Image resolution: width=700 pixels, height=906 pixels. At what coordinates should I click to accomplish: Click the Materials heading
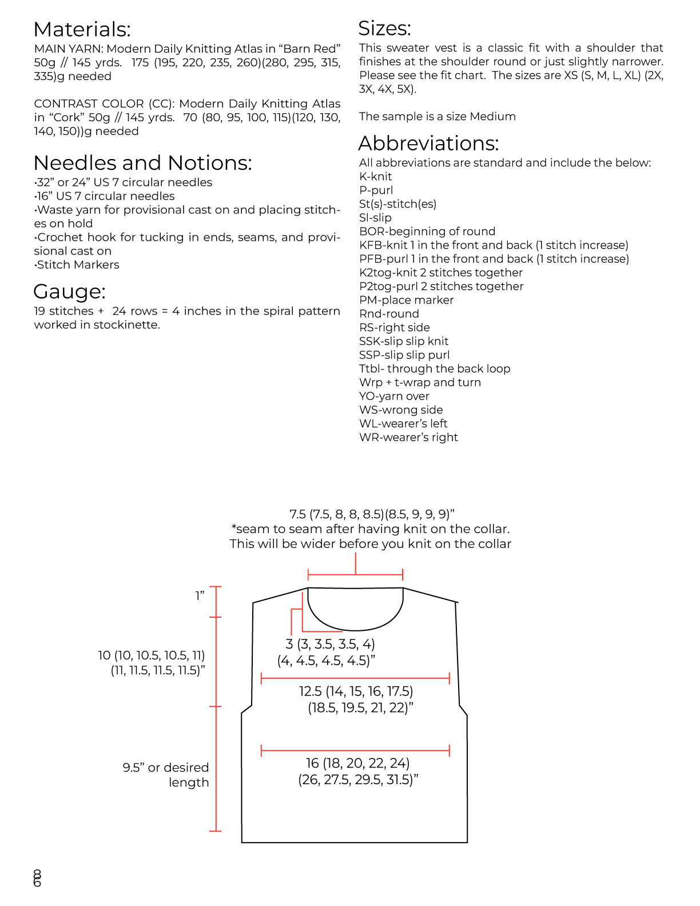(x=82, y=29)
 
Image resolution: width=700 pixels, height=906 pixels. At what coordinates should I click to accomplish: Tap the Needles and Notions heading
(x=142, y=163)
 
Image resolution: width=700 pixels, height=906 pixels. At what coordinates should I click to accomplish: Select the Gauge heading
(x=69, y=292)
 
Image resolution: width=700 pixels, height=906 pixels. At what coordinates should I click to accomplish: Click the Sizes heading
(x=384, y=29)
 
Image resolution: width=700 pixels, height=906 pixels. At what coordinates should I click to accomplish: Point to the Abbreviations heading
(x=428, y=143)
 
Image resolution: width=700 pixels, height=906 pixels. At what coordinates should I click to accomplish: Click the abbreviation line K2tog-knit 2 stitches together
(x=440, y=273)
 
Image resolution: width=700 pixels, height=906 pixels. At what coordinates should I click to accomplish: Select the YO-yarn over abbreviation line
(x=394, y=396)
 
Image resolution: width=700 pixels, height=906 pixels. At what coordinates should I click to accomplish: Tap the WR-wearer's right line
(x=408, y=438)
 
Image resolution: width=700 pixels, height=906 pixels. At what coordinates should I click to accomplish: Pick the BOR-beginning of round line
(x=427, y=232)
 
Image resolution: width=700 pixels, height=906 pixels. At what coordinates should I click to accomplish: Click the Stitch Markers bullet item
(x=77, y=265)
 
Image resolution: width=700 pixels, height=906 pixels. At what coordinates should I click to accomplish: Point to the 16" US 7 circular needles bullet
(x=105, y=196)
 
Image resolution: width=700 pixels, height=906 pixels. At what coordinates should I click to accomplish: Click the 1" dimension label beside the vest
(x=200, y=596)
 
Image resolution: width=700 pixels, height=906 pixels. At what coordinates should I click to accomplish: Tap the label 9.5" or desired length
(x=166, y=775)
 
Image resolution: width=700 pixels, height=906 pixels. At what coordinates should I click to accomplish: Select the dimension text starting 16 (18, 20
(x=358, y=771)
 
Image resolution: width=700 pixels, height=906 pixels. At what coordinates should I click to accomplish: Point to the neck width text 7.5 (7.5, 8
(x=372, y=514)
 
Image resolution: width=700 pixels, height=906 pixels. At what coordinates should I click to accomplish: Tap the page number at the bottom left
(x=37, y=878)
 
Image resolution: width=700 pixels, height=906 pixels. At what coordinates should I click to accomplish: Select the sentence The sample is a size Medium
(x=437, y=117)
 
